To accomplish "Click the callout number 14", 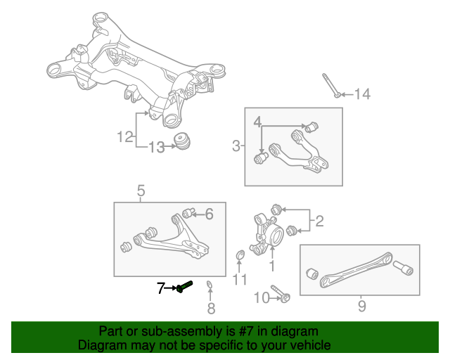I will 361,94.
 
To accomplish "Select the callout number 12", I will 125,137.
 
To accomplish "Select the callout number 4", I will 259,122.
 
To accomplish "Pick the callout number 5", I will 141,190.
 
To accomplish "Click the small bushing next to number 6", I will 188,213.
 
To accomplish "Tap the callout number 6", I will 208,214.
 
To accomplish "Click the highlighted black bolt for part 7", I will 184,287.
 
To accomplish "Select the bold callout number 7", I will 161,288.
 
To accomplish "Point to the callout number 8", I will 211,308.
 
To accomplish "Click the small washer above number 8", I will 210,285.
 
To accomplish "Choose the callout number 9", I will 361,306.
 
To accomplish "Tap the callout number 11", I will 240,281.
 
